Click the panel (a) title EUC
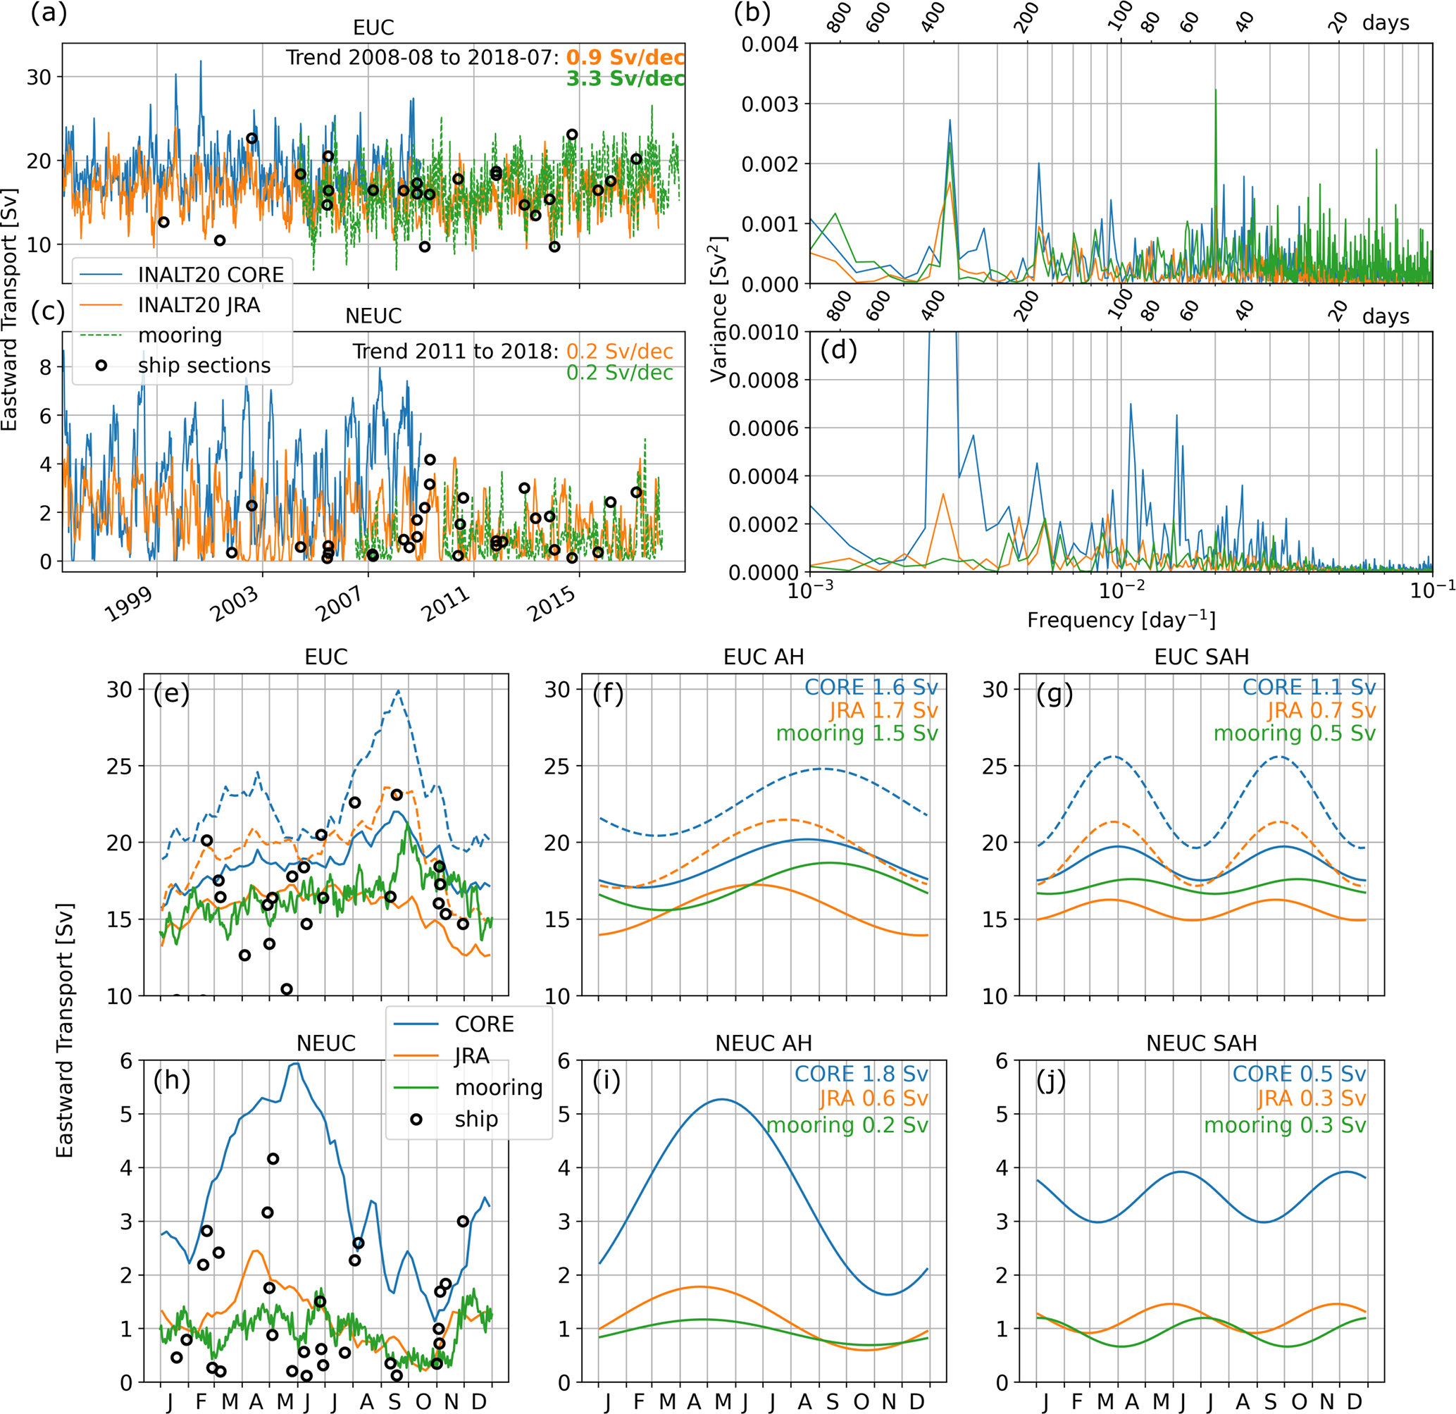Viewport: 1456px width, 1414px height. (x=373, y=27)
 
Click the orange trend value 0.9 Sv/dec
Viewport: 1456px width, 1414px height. (x=625, y=58)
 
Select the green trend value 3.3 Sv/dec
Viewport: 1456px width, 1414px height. (x=625, y=79)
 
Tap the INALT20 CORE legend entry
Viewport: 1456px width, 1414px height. (x=210, y=275)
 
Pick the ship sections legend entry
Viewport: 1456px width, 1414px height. (x=204, y=366)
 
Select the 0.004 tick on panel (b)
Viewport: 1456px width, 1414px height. (x=770, y=44)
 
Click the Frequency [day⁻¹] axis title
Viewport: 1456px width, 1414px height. (x=1121, y=621)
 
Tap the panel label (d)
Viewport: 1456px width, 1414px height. (x=839, y=349)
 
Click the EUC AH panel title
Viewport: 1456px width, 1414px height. (x=763, y=657)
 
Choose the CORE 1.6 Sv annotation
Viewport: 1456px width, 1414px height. (x=871, y=688)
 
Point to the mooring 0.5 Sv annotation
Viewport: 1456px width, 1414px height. (x=1294, y=733)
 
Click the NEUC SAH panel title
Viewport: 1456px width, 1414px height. (x=1201, y=1043)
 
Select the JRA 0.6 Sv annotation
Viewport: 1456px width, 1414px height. (x=873, y=1098)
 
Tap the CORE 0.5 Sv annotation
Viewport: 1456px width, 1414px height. (x=1298, y=1074)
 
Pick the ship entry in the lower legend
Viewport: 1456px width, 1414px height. (x=475, y=1119)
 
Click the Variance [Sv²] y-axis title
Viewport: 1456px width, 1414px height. (x=719, y=309)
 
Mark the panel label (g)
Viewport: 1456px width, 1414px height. (x=1054, y=694)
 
